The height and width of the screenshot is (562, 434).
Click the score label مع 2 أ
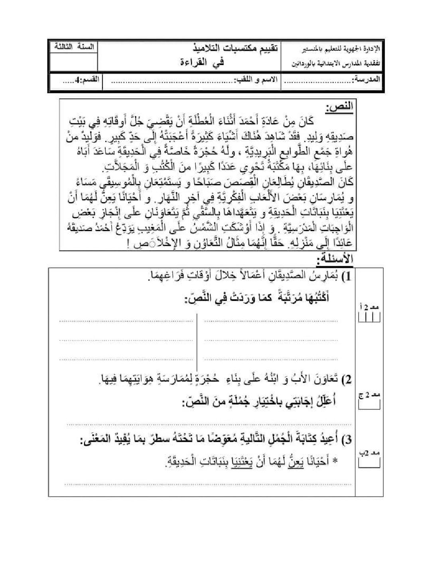click(368, 307)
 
